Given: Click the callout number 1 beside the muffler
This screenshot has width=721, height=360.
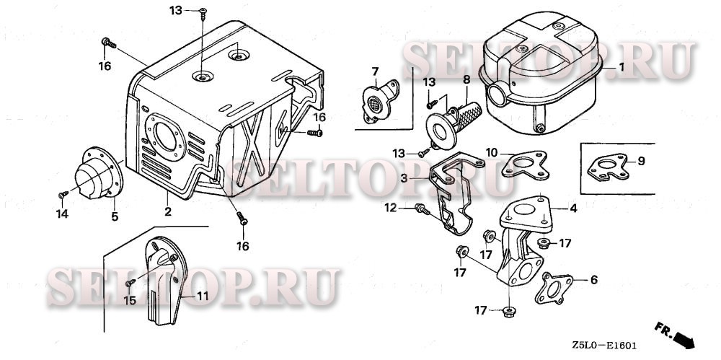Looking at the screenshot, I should coord(620,66).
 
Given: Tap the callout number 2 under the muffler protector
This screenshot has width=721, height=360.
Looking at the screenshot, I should coord(167,211).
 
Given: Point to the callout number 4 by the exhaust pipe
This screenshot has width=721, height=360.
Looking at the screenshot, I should coord(573,209).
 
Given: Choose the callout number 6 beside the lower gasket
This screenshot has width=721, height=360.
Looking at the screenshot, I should coord(593,280).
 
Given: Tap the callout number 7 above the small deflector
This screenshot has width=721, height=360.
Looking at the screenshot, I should coord(375,71).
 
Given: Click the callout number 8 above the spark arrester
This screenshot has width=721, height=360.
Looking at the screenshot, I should coord(466,79).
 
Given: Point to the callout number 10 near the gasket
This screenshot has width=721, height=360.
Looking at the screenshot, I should coord(491,152).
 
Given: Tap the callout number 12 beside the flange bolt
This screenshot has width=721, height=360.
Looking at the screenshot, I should coord(390,208).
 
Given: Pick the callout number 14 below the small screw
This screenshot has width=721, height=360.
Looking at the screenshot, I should coord(62,214).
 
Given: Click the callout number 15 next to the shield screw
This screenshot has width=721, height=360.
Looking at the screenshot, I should coord(129,301).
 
